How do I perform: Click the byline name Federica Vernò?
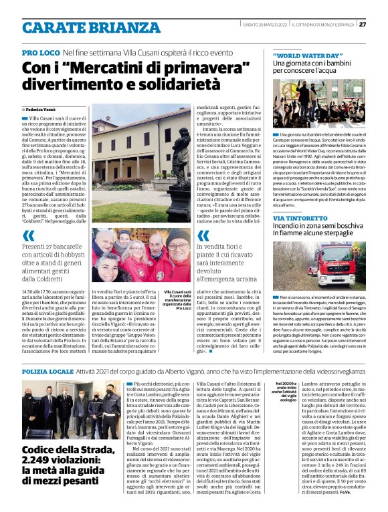[44, 108]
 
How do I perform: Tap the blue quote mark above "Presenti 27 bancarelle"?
[27, 236]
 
